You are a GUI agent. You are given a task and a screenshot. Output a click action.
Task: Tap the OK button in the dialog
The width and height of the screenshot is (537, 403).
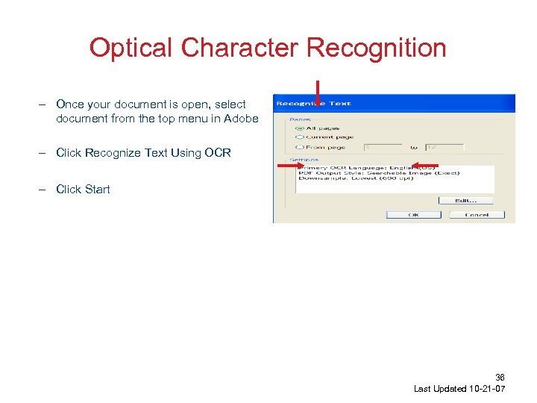[x=413, y=215]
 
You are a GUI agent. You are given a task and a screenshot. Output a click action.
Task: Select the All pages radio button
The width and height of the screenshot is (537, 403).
[x=299, y=128]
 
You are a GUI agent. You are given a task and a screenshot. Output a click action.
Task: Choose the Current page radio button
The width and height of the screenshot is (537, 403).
[x=299, y=137]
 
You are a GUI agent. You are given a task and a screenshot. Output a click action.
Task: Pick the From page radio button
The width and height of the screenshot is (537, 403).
[x=299, y=148]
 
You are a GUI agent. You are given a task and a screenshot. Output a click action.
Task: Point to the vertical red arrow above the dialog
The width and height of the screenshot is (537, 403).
[x=318, y=93]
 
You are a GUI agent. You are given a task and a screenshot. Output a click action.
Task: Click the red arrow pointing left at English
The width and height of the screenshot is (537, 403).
[x=427, y=165]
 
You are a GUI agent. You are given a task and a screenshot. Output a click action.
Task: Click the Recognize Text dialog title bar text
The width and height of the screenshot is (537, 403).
[x=314, y=103]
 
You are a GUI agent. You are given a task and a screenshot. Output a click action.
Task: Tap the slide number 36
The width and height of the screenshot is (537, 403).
[x=500, y=378]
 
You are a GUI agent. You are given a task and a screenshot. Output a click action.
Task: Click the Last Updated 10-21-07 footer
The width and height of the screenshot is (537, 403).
[x=459, y=390]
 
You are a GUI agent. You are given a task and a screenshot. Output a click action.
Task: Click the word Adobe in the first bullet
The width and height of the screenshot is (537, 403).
[x=241, y=119]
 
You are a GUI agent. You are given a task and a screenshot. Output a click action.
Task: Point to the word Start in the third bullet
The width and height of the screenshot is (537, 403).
[x=98, y=190]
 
